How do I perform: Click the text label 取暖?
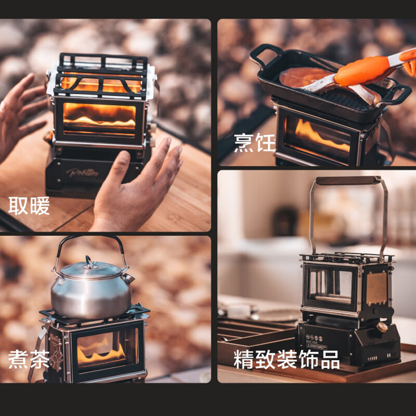point(30,206)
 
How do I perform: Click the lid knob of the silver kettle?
point(90,259)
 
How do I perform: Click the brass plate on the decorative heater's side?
point(376,289)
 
